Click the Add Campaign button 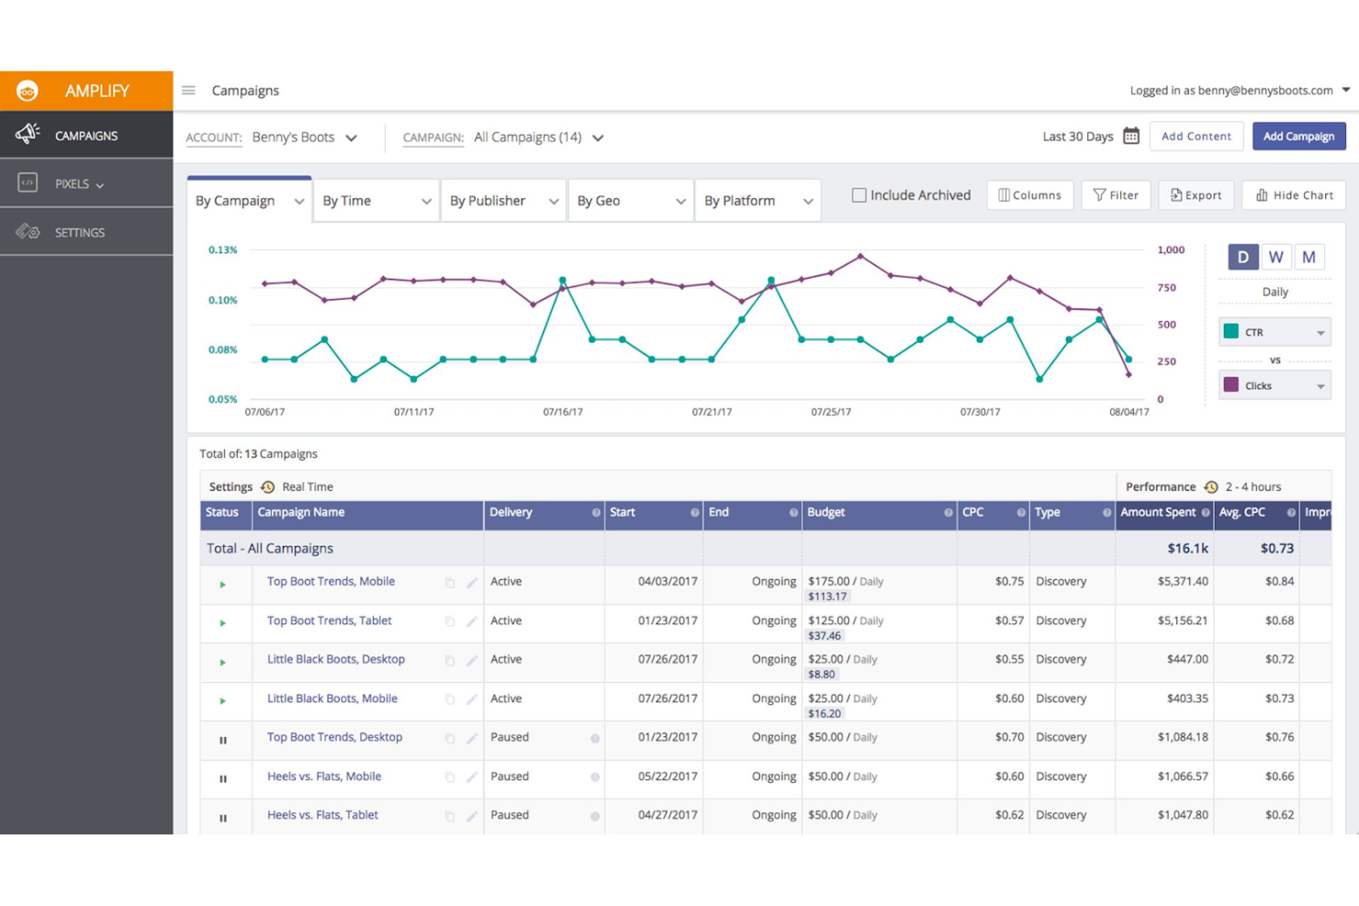[1298, 136]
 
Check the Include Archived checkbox [859, 195]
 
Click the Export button [1196, 195]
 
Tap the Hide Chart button [1294, 195]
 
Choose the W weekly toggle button [1275, 257]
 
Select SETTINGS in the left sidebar [79, 232]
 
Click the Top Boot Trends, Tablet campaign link [329, 621]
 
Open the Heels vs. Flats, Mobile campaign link [323, 777]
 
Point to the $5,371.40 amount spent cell [1182, 581]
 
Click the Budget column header [826, 512]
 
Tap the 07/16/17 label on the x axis [562, 412]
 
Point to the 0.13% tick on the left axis [222, 250]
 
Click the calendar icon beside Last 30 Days [1131, 136]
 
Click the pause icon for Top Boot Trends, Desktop [223, 740]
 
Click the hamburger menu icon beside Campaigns [188, 90]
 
